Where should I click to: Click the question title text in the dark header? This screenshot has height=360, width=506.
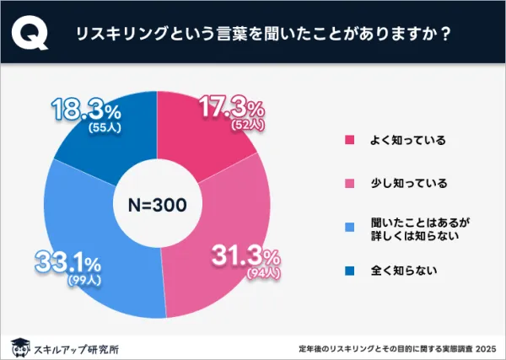pos(261,35)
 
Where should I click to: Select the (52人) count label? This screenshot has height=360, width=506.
pos(247,125)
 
